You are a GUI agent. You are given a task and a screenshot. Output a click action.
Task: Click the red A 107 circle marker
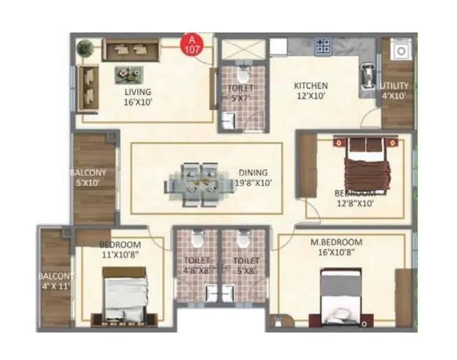coord(192,45)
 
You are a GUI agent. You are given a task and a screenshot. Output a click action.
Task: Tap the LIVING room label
coord(138,91)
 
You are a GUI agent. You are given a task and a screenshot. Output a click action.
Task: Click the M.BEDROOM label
coord(336,242)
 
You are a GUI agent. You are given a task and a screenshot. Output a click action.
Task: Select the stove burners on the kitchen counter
coord(324,45)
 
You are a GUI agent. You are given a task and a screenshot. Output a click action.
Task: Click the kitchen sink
coord(366,75)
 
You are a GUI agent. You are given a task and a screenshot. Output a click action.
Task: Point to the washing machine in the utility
coord(401,51)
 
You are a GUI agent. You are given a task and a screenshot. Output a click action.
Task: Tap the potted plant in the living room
coord(86,47)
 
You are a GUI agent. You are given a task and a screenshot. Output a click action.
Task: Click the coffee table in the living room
coord(129,73)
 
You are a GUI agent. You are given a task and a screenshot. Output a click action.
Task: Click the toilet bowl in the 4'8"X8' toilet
coord(197,238)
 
